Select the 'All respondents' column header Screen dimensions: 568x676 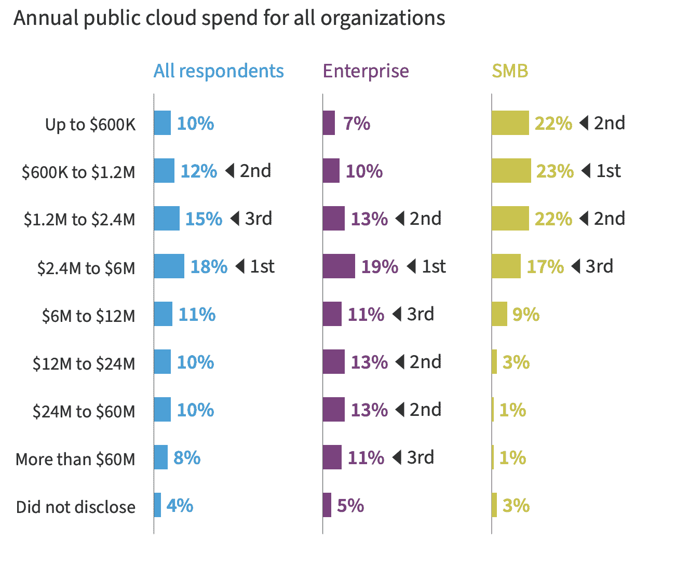[x=219, y=71]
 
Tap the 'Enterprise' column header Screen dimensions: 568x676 [x=366, y=71]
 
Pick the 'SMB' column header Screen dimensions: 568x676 [x=510, y=71]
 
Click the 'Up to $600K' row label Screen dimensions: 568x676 [x=90, y=125]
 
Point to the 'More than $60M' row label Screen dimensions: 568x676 [x=75, y=459]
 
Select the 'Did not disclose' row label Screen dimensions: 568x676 [x=76, y=507]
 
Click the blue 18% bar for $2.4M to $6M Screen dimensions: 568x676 [x=169, y=266]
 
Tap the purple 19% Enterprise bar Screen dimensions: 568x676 [x=339, y=266]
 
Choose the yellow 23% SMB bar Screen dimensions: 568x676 [x=511, y=171]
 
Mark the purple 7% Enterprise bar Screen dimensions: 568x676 [x=329, y=123]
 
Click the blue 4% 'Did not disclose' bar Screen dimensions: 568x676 [x=157, y=505]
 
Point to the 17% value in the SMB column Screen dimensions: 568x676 [x=545, y=267]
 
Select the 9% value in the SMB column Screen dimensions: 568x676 [x=525, y=315]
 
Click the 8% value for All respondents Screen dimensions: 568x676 [x=187, y=458]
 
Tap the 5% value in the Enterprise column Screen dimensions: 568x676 [x=350, y=506]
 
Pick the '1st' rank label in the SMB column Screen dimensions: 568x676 [x=609, y=171]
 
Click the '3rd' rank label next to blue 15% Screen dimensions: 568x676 [x=259, y=219]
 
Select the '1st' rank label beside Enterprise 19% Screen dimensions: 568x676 [x=434, y=267]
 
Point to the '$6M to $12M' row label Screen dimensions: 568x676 [x=88, y=316]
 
